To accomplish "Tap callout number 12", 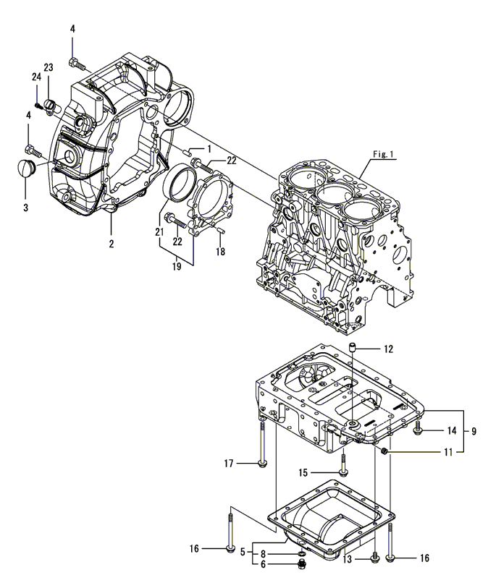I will point(388,349).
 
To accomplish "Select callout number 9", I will point(474,431).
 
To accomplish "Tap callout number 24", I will point(35,77).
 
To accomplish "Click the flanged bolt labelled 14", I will point(420,432).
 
